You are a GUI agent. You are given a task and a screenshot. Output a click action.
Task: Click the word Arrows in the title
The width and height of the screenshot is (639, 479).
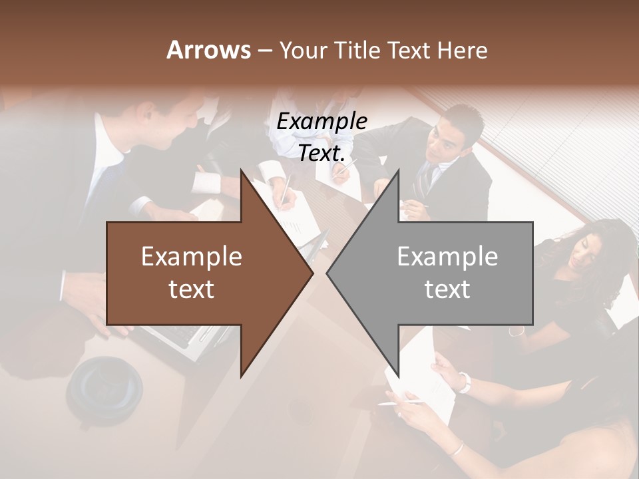point(208,50)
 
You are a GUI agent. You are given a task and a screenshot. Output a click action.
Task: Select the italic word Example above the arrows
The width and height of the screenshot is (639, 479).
point(321,122)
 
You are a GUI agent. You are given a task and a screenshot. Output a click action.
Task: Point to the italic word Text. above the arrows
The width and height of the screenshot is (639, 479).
point(321,154)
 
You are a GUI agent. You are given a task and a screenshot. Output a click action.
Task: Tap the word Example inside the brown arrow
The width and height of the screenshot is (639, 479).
point(192,257)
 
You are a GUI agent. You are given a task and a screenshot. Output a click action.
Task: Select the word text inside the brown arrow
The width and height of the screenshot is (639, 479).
point(192,289)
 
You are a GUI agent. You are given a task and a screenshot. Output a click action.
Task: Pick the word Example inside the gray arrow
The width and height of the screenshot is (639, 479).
point(447,257)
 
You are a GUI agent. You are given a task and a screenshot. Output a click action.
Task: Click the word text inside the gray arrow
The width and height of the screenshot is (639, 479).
point(447,289)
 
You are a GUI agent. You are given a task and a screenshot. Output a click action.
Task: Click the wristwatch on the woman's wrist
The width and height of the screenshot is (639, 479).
point(464,382)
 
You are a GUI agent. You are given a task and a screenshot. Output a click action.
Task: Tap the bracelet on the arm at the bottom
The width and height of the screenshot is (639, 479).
point(455,448)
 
